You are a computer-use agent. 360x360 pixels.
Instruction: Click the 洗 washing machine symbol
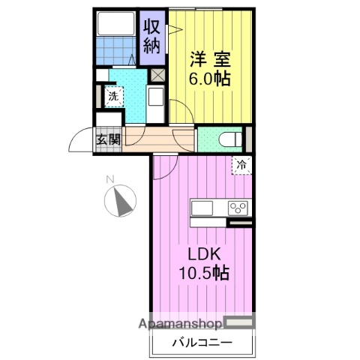click(x=112, y=96)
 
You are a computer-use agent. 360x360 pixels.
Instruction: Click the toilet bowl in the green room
click(x=231, y=139)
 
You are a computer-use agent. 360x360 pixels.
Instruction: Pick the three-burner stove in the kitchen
click(x=239, y=208)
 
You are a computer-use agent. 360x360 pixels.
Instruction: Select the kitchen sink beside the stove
click(x=203, y=208)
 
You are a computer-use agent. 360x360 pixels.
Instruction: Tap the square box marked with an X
click(x=158, y=75)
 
